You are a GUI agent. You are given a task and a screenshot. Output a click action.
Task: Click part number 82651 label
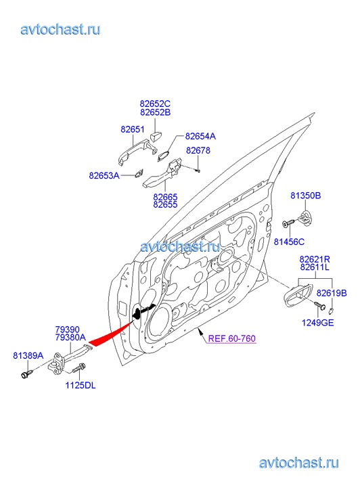[133, 129]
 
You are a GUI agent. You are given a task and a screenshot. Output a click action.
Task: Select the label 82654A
[200, 136]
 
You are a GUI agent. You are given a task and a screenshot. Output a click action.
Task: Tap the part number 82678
[198, 151]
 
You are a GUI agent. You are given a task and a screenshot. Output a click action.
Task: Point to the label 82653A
[104, 175]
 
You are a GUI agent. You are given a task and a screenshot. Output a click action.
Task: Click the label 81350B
[306, 196]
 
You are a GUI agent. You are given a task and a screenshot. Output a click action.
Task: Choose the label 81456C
[289, 242]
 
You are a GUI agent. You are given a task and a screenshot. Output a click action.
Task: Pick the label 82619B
[332, 293]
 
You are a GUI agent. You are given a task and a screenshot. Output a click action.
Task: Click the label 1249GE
[317, 323]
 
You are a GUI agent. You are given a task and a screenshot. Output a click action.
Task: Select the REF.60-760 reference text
[232, 338]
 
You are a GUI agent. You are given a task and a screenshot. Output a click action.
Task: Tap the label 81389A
[28, 356]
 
